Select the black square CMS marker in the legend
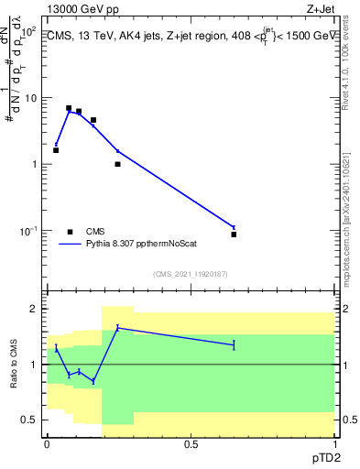[70, 232]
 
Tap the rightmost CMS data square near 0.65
[234, 234]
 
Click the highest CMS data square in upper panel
[69, 108]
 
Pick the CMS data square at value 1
[117, 164]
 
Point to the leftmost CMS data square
[56, 150]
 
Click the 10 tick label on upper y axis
[33, 98]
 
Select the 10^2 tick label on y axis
[30, 32]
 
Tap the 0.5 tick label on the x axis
[191, 443]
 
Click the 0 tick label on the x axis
[47, 443]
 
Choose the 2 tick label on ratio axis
[36, 309]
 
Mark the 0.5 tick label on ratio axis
[32, 420]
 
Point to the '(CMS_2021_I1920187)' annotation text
[190, 273]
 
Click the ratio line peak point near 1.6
[117, 327]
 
